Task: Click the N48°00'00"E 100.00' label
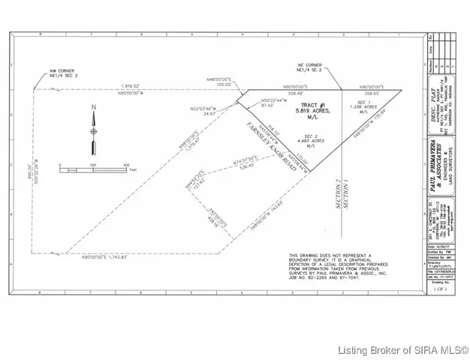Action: pyautogui.click(x=219, y=82)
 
